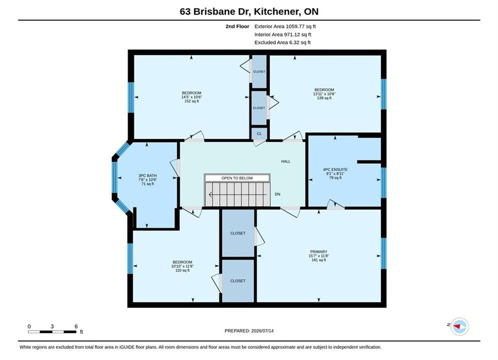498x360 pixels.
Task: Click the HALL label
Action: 285,161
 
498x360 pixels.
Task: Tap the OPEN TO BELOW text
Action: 237,178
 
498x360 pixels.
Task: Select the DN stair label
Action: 277,194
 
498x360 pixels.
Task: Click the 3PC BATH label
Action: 147,175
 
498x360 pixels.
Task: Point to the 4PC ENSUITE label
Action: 335,169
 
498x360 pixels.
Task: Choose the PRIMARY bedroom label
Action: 318,252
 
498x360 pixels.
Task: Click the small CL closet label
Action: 259,134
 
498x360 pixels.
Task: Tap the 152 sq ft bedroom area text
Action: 192,101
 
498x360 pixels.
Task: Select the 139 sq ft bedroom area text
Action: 324,98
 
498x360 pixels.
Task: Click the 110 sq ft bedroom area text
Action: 182,270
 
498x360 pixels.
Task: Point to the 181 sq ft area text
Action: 318,260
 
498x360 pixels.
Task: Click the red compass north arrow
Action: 457,325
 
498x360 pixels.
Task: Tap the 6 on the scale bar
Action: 76,326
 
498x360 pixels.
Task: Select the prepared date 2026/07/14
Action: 262,331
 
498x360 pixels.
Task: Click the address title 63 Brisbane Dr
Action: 216,11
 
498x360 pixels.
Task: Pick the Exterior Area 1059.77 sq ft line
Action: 285,26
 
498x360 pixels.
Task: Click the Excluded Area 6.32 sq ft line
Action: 282,42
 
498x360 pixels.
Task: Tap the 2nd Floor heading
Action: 237,26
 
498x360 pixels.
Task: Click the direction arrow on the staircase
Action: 238,194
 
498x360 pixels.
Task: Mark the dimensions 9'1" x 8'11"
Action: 335,174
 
